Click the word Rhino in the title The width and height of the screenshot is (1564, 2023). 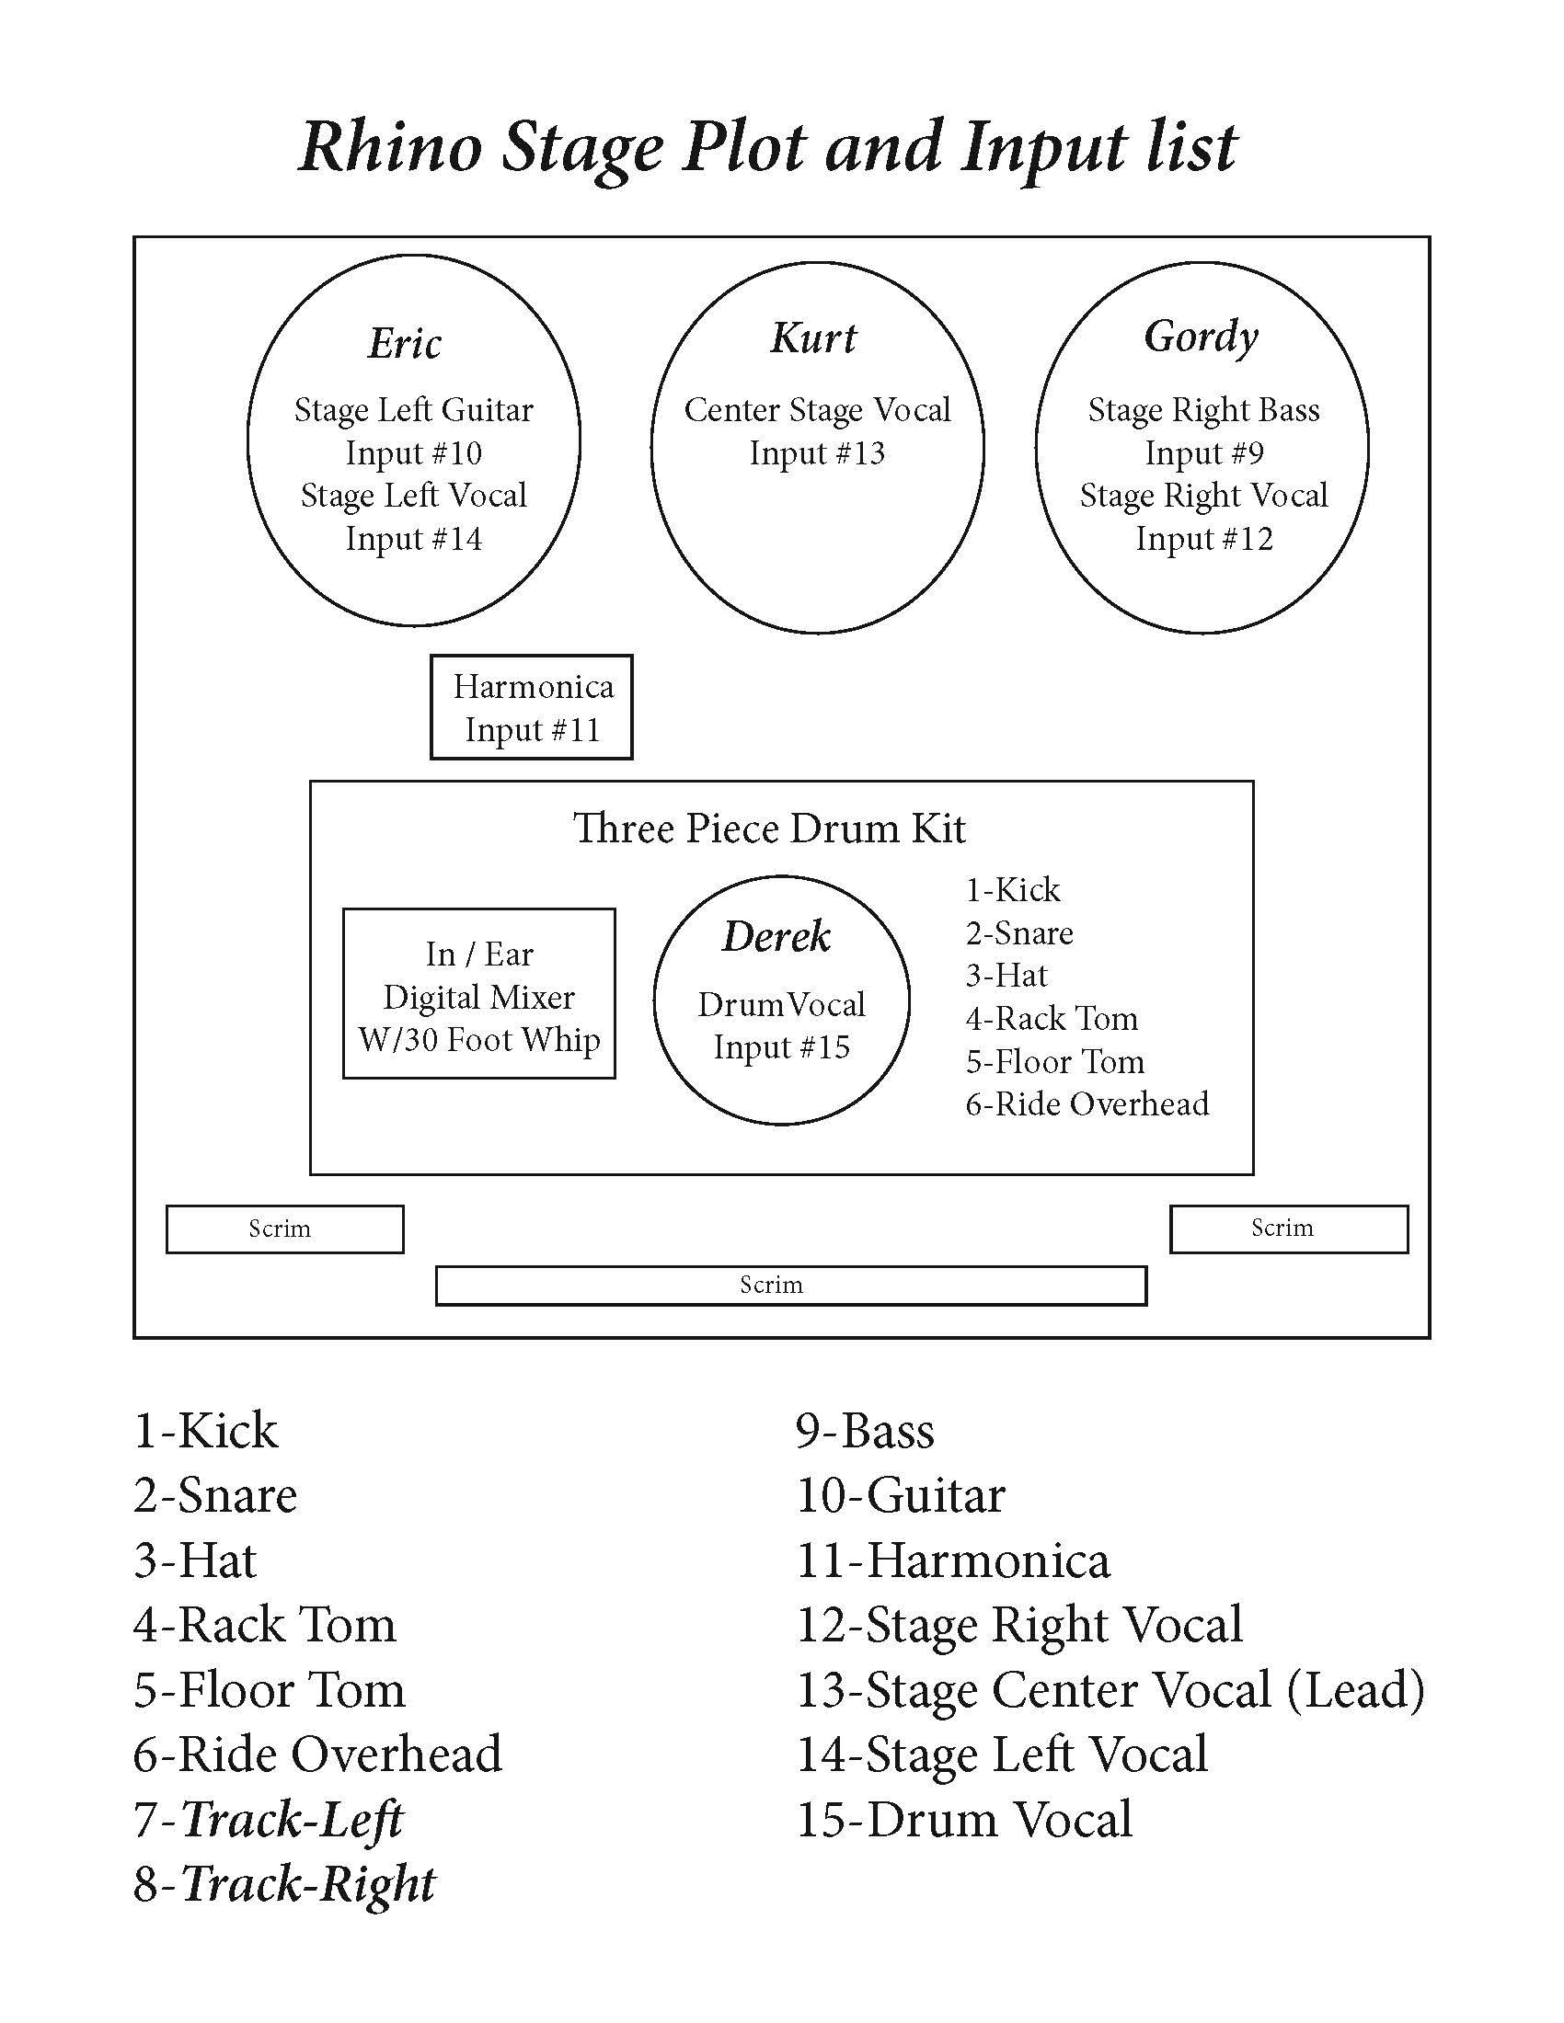[x=390, y=147]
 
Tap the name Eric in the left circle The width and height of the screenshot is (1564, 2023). [x=405, y=344]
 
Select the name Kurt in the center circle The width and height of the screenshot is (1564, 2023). [x=813, y=338]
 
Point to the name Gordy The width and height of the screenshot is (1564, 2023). [x=1201, y=337]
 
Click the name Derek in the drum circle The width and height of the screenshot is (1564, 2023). [x=776, y=936]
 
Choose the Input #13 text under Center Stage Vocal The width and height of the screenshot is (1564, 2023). [x=816, y=453]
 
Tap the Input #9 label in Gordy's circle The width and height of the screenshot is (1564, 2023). [x=1203, y=453]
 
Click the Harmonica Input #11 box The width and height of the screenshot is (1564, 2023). [x=532, y=708]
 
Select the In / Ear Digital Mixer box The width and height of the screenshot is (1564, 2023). [x=479, y=995]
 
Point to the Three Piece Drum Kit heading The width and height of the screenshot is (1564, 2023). [x=769, y=829]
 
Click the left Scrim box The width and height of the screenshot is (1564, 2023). [x=284, y=1229]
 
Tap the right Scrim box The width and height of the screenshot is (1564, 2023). [x=1289, y=1229]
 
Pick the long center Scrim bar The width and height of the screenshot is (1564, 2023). [x=790, y=1285]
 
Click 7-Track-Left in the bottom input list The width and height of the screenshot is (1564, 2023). [x=269, y=1819]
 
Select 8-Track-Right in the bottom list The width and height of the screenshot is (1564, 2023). [x=284, y=1884]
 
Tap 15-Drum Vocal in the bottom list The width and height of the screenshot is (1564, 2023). [x=964, y=1819]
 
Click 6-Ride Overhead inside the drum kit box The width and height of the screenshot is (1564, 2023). [x=1087, y=1104]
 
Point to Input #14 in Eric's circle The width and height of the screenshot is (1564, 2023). [x=413, y=539]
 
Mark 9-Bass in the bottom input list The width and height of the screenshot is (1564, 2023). [x=866, y=1430]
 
